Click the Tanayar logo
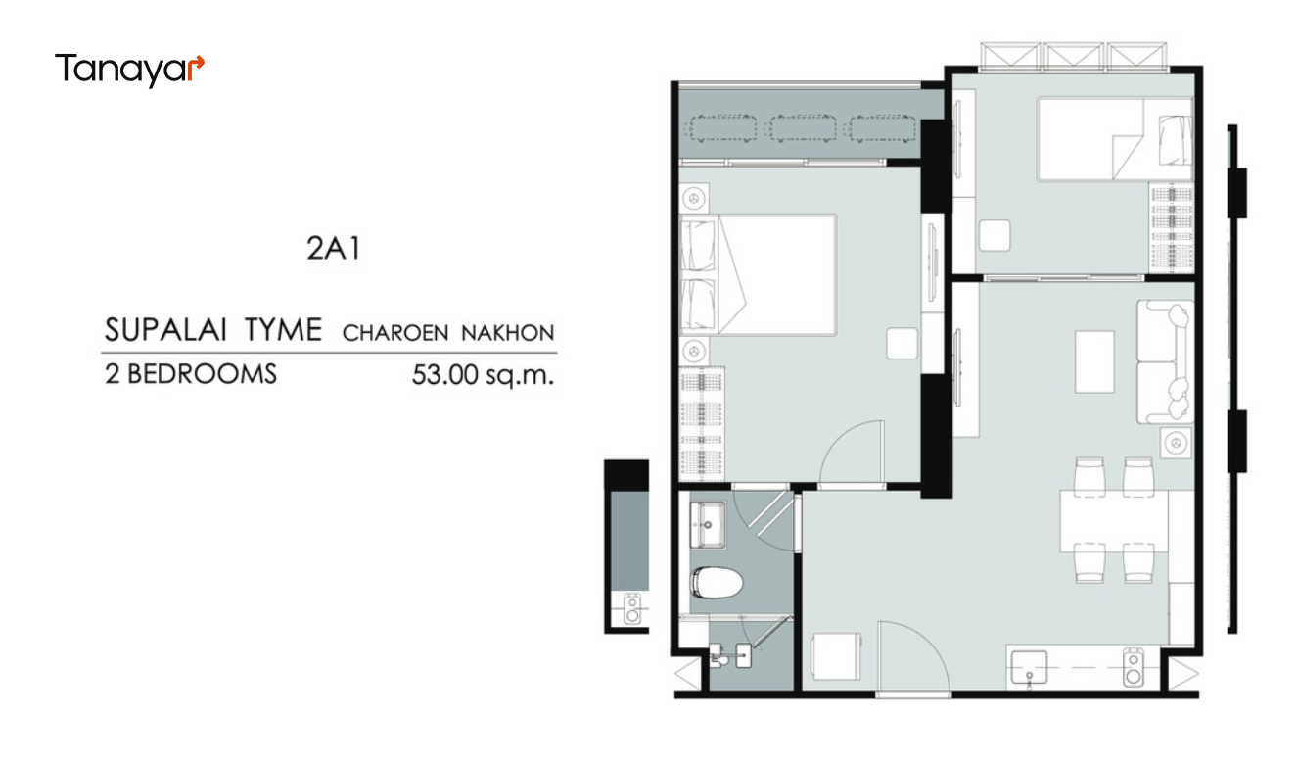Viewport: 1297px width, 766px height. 129,70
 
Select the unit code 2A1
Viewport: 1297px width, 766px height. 334,249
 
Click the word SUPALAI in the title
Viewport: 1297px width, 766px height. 165,330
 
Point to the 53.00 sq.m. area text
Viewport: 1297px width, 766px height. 483,375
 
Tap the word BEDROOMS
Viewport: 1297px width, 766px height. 202,374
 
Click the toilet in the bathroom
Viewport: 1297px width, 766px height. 717,582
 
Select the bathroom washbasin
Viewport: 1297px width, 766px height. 707,524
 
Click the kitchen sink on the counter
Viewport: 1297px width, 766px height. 1029,668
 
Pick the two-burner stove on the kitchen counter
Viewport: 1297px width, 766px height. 1134,667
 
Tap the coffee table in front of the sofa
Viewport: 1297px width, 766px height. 1094,362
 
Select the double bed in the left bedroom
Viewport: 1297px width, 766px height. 758,275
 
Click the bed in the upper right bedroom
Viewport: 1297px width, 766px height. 1115,139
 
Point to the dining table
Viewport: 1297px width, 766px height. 1114,521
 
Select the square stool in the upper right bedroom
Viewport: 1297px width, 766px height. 995,236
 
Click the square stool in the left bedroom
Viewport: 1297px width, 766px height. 903,344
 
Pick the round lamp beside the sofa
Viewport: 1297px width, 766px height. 1176,444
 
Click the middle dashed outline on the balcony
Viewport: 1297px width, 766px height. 803,128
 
